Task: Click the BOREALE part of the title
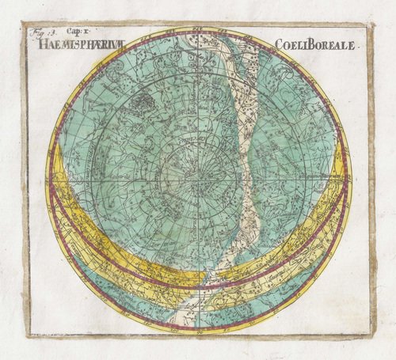click(331, 46)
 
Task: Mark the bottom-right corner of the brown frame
click(372, 335)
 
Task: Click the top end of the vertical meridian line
click(196, 30)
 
